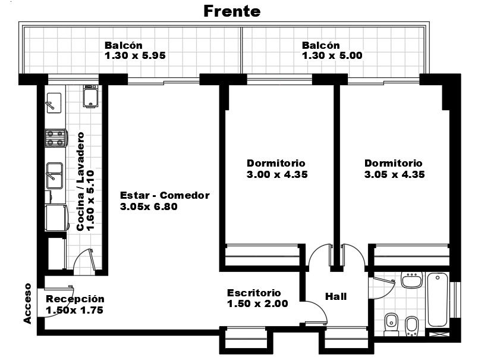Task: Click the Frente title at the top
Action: point(232,11)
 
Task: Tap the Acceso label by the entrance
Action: point(27,303)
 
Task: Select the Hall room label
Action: point(336,296)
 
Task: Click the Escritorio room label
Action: point(254,293)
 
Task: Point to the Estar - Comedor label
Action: point(165,195)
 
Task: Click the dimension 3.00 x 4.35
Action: point(277,174)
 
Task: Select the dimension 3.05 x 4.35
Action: point(395,174)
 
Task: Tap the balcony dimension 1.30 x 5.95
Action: point(135,55)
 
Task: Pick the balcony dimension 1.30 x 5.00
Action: point(332,55)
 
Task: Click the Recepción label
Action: point(75,299)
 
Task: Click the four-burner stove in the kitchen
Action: point(56,138)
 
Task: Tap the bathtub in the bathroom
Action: point(438,300)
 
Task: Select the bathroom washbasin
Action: point(412,280)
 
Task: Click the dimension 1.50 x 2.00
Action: point(257,304)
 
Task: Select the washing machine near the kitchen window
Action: point(90,96)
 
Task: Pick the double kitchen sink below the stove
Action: point(55,176)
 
